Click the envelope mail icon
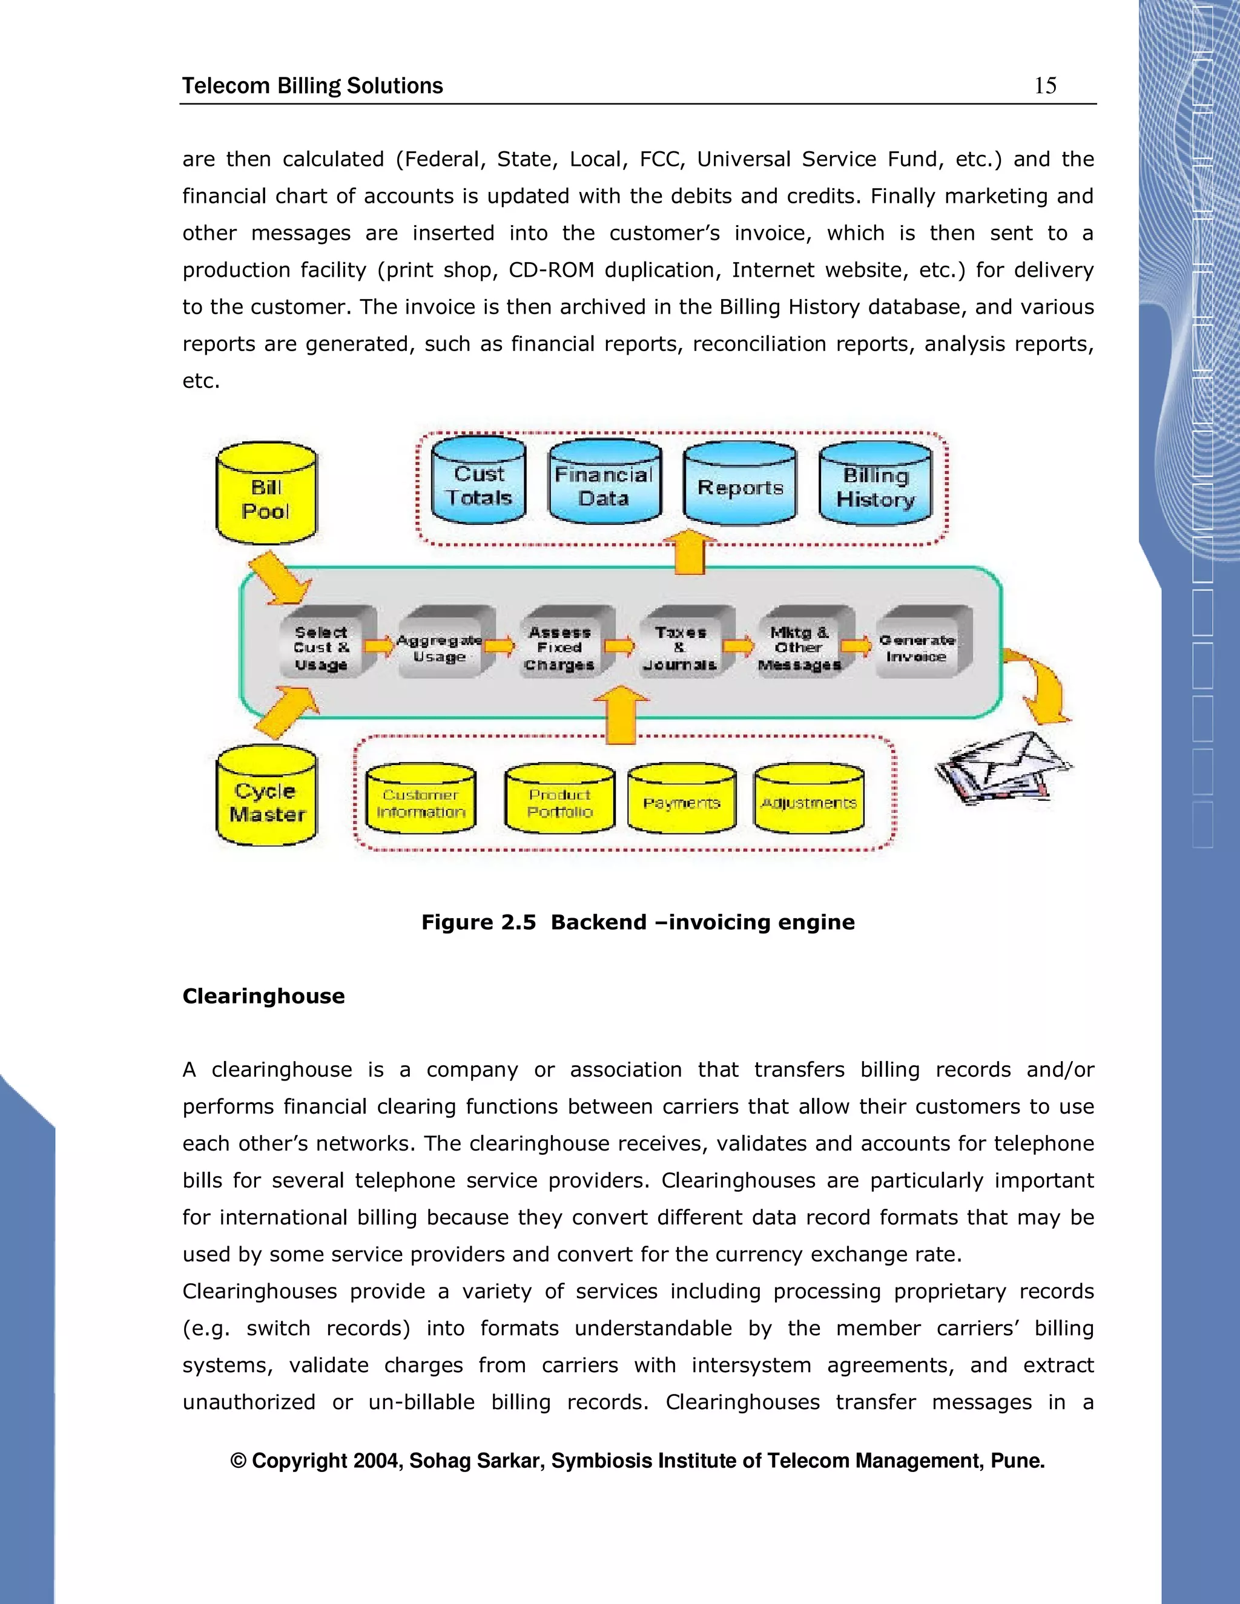tap(1003, 767)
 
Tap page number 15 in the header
tap(1044, 86)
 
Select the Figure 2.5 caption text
tap(638, 922)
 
